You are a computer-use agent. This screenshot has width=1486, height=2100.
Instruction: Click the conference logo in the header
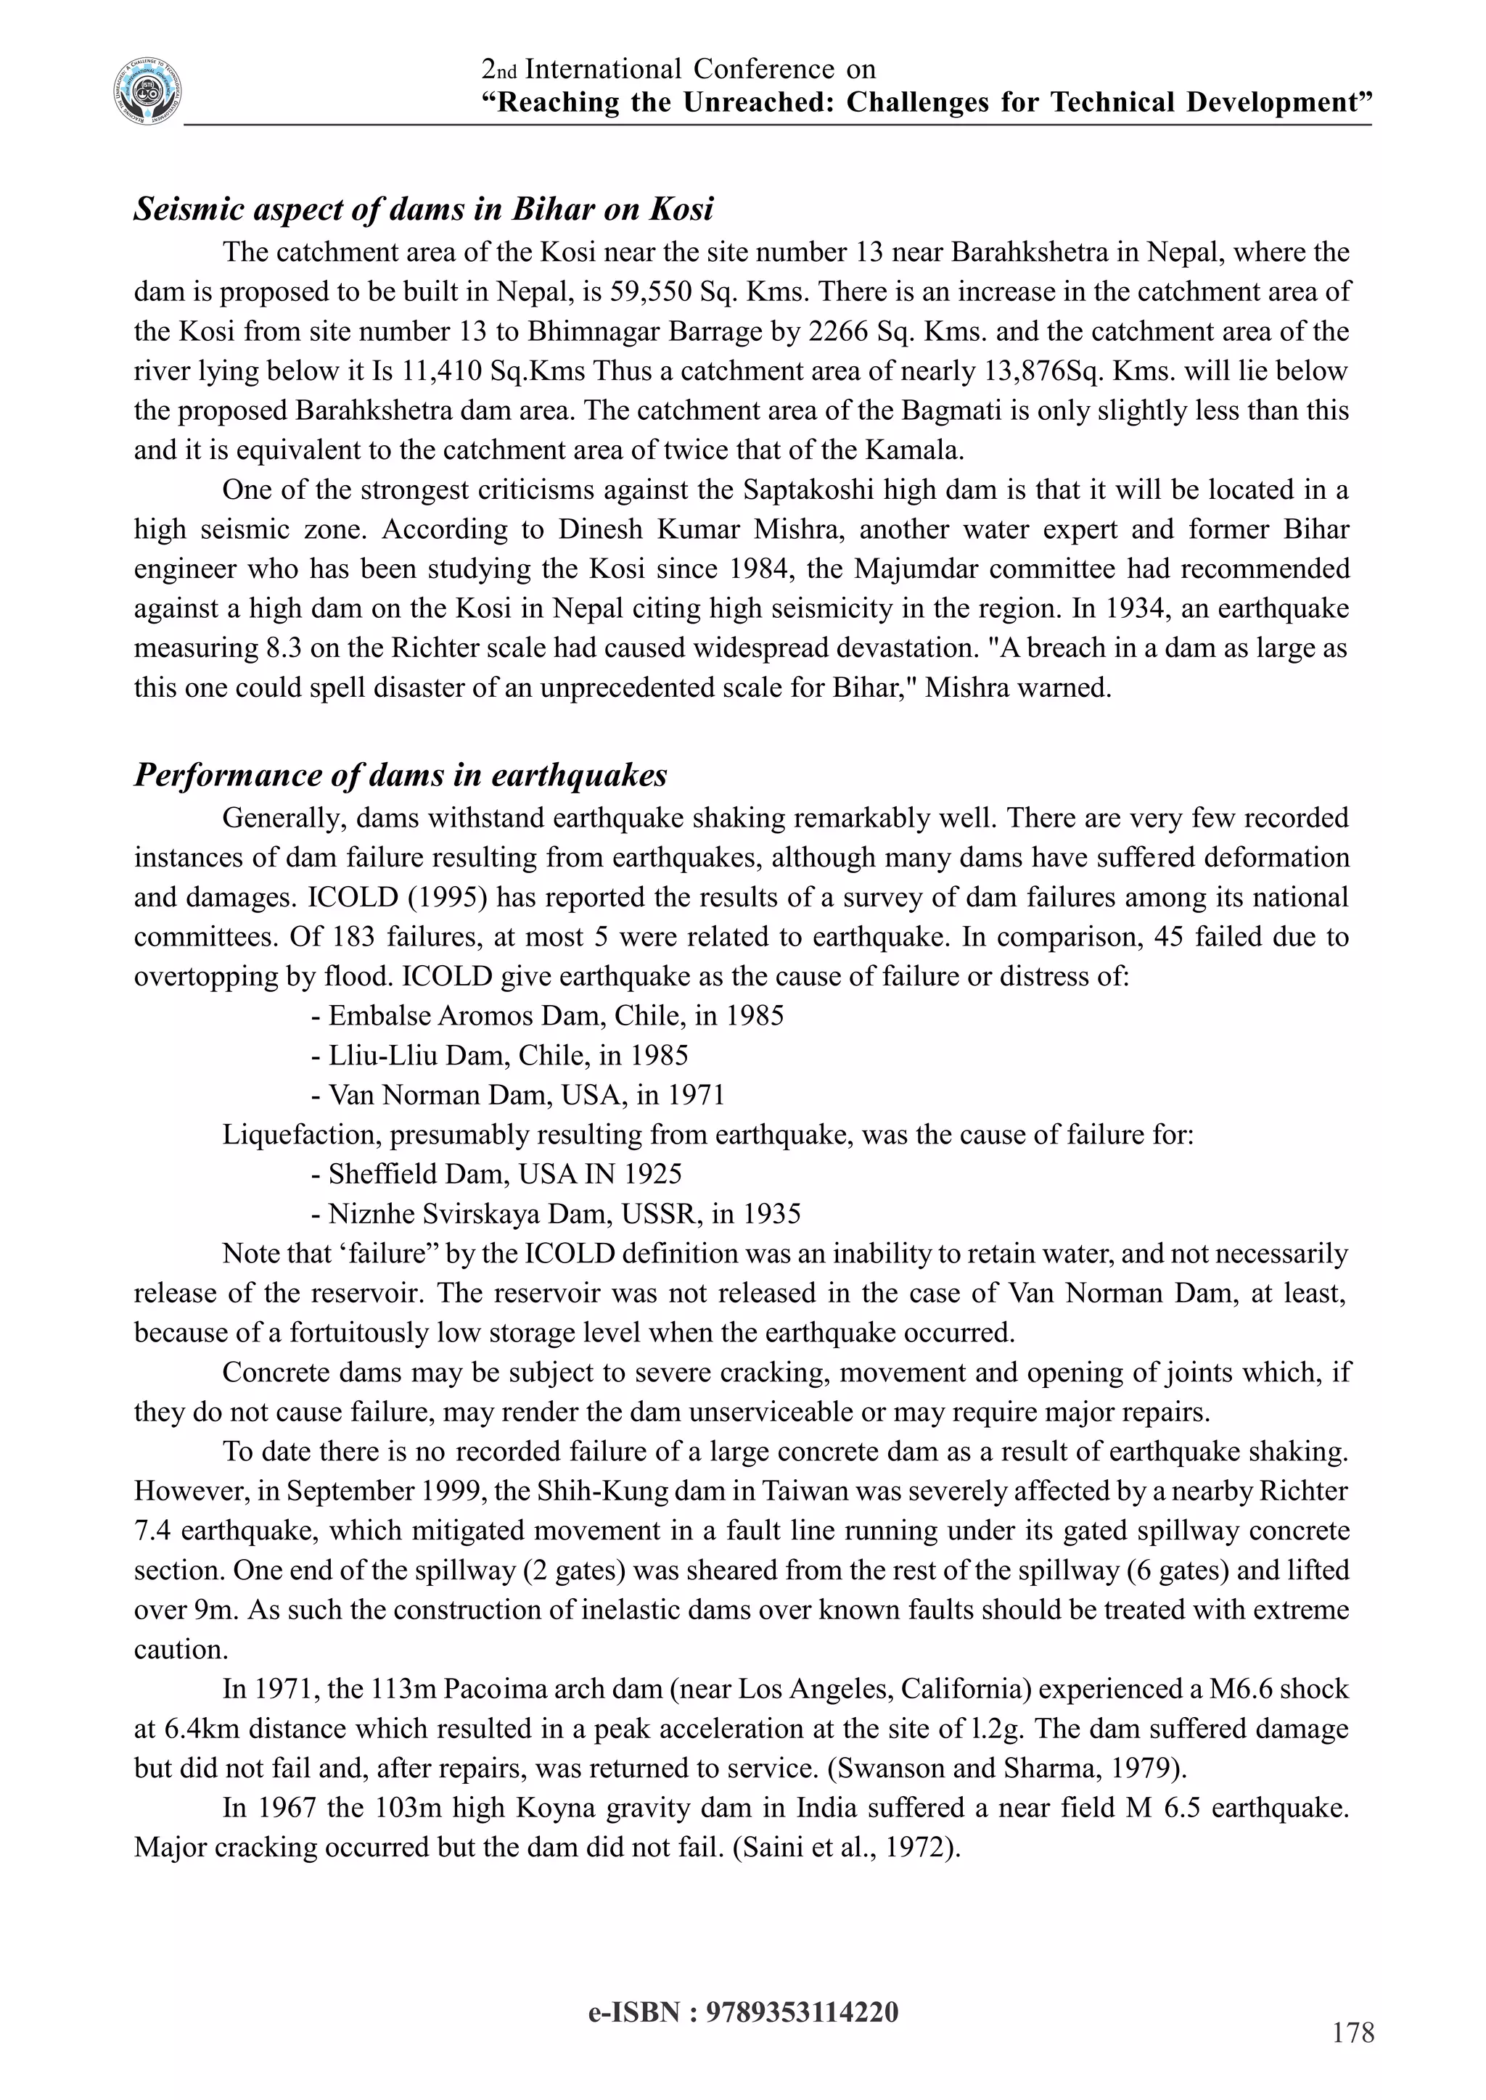tap(147, 92)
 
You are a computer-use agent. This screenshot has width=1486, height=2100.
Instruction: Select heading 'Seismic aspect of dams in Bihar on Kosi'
tap(423, 210)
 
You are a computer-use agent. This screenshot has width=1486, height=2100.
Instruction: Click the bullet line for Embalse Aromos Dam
tap(546, 1016)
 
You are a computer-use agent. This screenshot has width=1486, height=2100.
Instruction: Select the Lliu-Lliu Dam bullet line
tap(498, 1056)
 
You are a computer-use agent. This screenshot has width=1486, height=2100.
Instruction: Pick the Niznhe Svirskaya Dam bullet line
tap(554, 1214)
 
